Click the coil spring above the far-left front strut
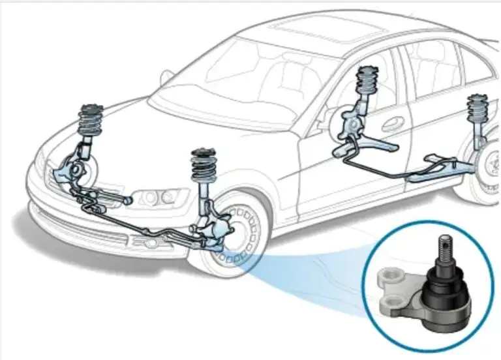(x=92, y=121)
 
